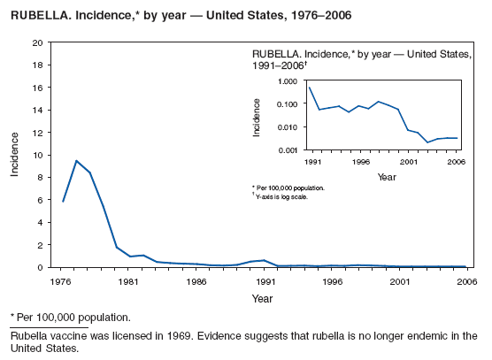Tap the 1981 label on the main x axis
pos(129,281)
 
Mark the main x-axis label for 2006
pos(465,281)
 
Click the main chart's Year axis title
pos(263,298)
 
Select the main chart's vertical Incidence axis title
pos(15,155)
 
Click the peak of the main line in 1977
pos(76,161)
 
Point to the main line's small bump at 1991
pos(264,260)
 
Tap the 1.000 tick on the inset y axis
pos(287,81)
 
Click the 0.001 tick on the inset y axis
pos(287,150)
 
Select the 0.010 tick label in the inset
pos(287,127)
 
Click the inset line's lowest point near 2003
pos(427,142)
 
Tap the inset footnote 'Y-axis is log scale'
pos(289,195)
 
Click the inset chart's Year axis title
pos(387,177)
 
